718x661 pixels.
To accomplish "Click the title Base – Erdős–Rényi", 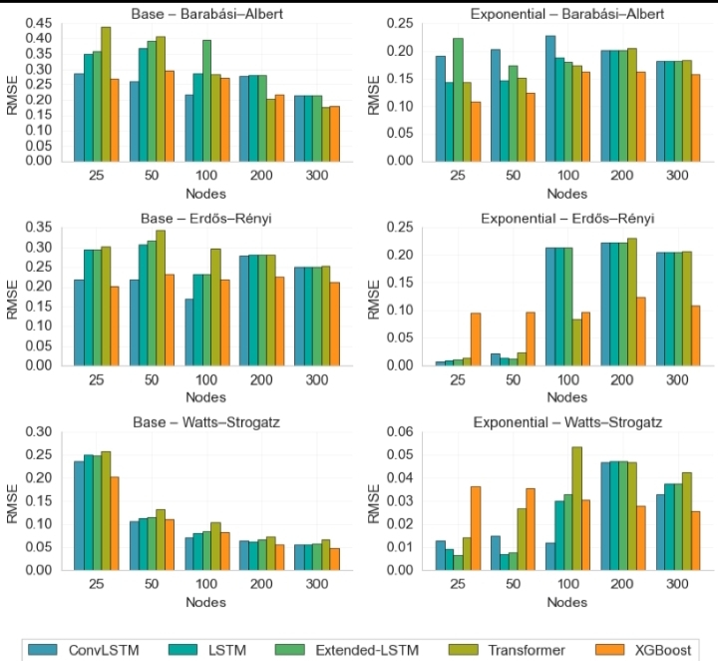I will [204, 218].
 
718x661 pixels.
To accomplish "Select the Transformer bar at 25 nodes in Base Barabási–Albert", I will [106, 95].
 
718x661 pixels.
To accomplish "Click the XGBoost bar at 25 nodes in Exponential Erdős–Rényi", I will [476, 339].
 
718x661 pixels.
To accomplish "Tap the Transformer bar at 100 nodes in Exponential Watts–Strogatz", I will [576, 508].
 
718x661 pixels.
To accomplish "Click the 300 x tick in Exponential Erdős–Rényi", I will [676, 379].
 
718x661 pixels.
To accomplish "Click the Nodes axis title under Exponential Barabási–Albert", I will [565, 193].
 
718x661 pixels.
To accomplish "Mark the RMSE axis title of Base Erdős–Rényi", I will [13, 296].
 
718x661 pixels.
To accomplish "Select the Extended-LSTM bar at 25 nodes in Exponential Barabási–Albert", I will [458, 100].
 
